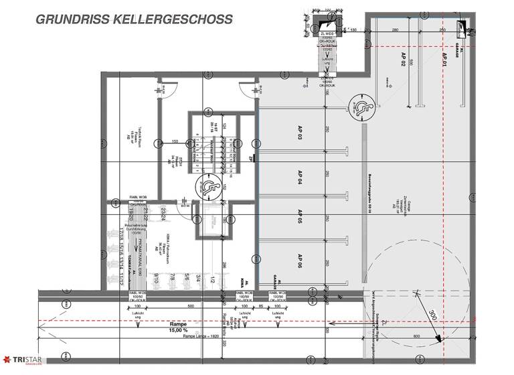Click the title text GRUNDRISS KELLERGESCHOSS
[x=134, y=19]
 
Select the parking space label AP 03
[x=301, y=131]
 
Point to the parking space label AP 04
[x=301, y=176]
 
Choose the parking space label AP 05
[x=301, y=217]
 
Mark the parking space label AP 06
[x=301, y=260]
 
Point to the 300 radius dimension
[x=432, y=315]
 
